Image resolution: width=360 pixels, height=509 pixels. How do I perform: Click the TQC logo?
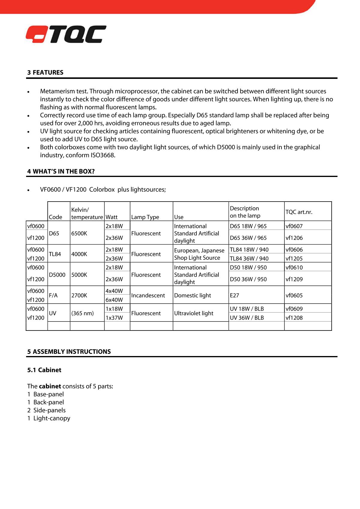tap(66, 34)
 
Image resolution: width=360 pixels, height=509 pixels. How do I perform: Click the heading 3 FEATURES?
tap(45, 72)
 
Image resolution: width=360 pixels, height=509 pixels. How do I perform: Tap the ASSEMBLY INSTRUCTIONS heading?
tap(69, 352)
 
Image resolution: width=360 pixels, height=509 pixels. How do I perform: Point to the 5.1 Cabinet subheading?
tap(44, 370)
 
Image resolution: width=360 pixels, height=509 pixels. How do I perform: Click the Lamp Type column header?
tap(145, 217)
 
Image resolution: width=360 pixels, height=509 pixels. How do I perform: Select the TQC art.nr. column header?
tap(299, 212)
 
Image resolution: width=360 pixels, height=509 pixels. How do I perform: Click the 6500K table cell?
tap(79, 233)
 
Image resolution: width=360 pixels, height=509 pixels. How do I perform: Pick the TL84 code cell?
tap(55, 254)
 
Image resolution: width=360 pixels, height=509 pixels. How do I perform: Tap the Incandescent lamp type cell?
tap(148, 295)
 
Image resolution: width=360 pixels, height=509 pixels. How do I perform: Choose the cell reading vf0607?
tap(294, 226)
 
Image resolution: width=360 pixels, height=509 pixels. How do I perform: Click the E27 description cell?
tap(234, 295)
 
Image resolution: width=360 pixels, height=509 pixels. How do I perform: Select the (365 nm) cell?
tap(82, 313)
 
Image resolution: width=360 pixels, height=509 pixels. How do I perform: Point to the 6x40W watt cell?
tap(114, 300)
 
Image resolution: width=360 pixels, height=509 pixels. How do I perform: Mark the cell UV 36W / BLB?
tap(247, 318)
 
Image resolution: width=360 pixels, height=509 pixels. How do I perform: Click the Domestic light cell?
tap(193, 295)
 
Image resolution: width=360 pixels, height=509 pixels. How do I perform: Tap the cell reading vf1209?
tap(294, 279)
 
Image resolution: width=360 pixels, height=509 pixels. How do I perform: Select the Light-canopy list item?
tap(52, 418)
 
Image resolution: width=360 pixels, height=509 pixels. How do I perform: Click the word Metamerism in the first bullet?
tap(57, 91)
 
